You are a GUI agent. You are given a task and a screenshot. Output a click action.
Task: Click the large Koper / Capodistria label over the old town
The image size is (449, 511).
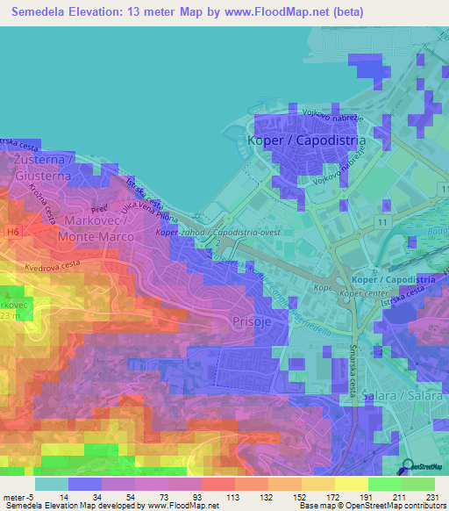(x=306, y=140)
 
